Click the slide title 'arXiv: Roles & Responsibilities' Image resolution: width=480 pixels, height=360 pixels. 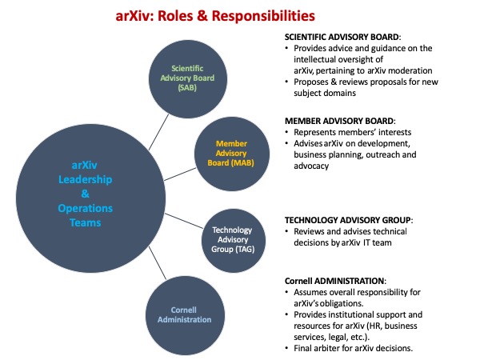[215, 16]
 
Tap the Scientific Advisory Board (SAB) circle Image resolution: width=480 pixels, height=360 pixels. [188, 79]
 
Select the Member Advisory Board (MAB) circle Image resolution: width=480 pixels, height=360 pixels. [232, 154]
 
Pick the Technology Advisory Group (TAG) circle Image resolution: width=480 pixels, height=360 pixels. [234, 241]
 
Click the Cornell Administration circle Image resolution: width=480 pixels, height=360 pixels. [185, 315]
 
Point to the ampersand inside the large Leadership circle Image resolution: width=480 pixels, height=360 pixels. [85, 194]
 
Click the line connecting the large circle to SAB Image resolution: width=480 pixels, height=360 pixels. [158, 132]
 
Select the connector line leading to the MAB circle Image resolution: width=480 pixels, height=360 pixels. [180, 174]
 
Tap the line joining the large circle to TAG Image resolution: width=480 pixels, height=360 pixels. [184, 221]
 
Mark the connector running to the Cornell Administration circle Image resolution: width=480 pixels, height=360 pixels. [158, 263]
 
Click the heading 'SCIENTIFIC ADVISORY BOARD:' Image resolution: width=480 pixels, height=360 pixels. [342, 37]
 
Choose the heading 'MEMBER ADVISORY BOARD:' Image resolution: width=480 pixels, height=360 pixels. [340, 121]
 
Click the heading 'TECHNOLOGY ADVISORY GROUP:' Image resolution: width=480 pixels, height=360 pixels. [349, 220]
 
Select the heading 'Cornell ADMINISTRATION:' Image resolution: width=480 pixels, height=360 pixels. [335, 281]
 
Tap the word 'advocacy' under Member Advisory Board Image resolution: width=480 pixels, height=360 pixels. [311, 166]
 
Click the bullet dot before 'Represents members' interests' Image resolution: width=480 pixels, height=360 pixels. [286, 132]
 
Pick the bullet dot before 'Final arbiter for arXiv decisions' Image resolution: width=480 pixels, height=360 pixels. [286, 348]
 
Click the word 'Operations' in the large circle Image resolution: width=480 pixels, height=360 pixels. [85, 209]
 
